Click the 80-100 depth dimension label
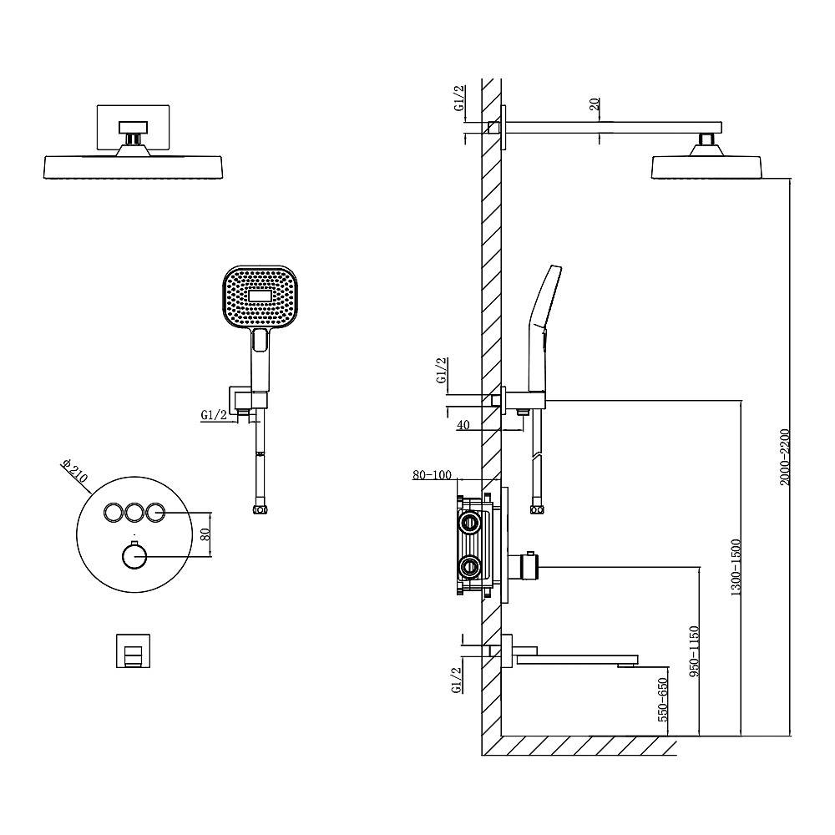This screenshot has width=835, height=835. [432, 475]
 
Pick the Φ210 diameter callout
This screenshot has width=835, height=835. [73, 473]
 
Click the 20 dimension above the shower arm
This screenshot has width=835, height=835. [594, 104]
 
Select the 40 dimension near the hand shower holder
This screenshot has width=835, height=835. [464, 425]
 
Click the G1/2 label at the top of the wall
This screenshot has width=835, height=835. [459, 99]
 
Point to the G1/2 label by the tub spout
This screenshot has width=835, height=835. [456, 680]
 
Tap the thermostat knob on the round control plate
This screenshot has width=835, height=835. [134, 556]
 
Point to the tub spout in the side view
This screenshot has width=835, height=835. [576, 659]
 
